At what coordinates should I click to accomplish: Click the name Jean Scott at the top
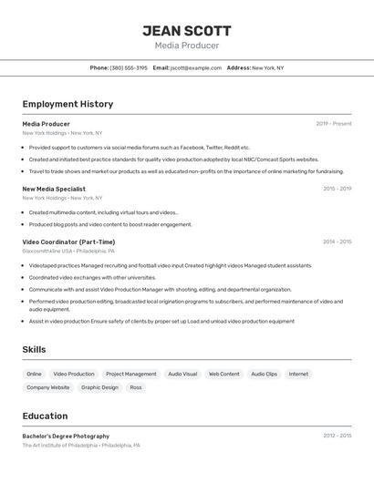tap(187, 30)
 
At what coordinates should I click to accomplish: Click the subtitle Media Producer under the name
tap(187, 46)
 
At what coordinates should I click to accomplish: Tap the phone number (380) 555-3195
tap(129, 67)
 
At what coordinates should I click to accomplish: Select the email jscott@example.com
tap(196, 67)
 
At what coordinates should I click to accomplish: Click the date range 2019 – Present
tap(334, 124)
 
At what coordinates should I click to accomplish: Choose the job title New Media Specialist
tap(54, 189)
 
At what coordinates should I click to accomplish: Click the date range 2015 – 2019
tap(337, 189)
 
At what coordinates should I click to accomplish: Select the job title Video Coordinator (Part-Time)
tap(68, 241)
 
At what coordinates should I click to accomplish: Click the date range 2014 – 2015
tap(337, 241)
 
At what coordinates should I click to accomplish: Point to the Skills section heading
tap(34, 349)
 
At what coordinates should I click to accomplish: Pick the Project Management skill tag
tap(130, 374)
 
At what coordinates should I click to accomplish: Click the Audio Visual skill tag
tap(182, 374)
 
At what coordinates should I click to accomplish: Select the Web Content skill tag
tap(223, 374)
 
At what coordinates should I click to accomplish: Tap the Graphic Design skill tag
tap(99, 387)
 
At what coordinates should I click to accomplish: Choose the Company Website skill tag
tap(47, 387)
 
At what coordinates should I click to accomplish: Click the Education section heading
tap(45, 416)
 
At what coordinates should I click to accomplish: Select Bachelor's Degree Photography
tap(66, 436)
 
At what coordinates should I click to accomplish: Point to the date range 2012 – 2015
tap(337, 436)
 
